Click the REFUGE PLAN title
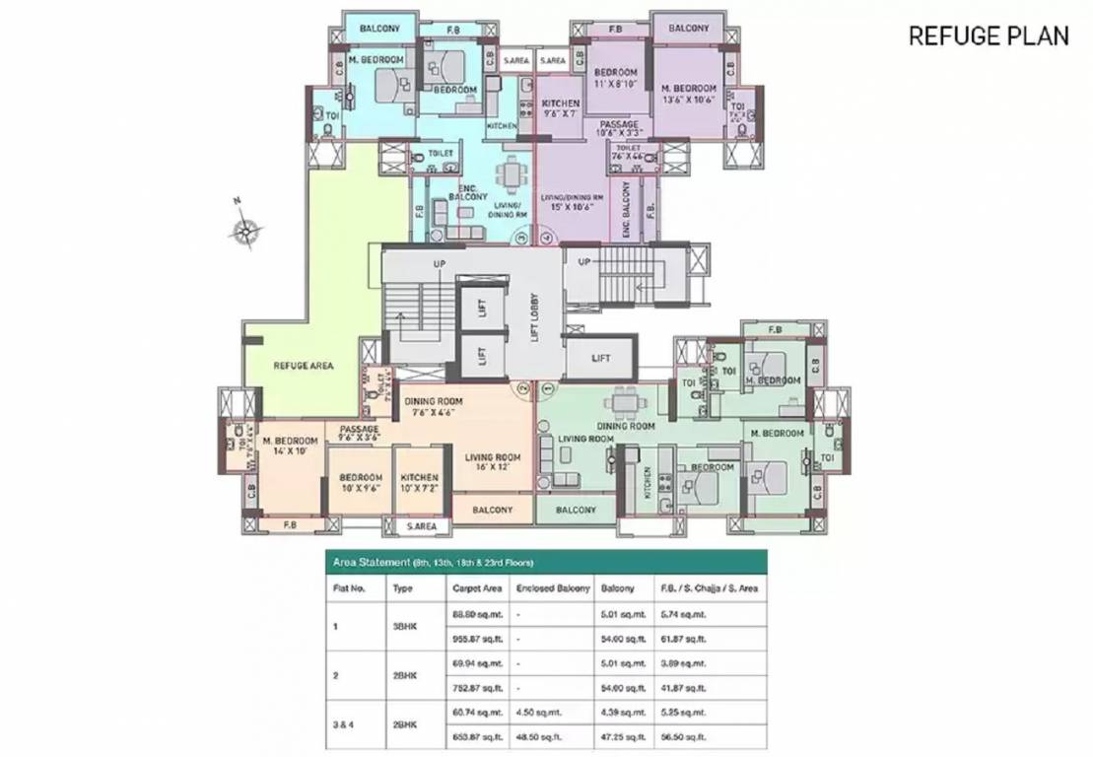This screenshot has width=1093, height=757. click(988, 36)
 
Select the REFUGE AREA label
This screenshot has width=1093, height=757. click(303, 366)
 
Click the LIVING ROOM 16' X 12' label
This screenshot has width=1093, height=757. click(493, 463)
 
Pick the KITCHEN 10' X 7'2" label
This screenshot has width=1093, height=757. click(420, 483)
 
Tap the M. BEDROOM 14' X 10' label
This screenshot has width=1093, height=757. click(290, 446)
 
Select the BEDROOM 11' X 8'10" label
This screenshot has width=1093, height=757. click(615, 79)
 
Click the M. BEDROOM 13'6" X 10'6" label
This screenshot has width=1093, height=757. click(687, 93)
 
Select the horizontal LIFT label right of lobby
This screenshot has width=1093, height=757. click(601, 359)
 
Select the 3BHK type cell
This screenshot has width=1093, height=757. click(401, 626)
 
